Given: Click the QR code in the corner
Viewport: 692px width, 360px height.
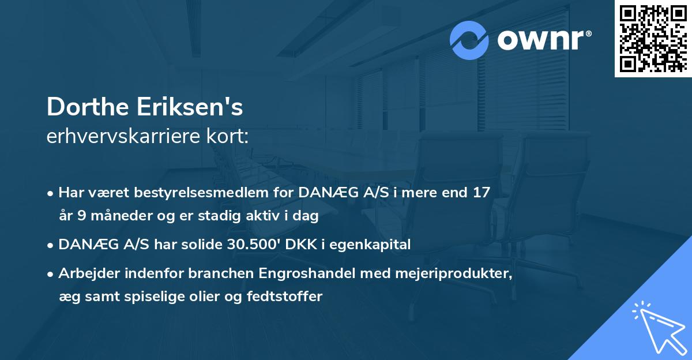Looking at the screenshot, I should click(x=653, y=38).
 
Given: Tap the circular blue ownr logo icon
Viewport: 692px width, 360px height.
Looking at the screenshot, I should click(x=469, y=40).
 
